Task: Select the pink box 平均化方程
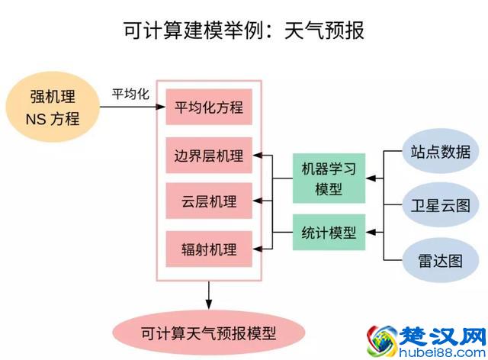pos(209,107)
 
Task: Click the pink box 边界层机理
pos(209,156)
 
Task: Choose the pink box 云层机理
pos(209,202)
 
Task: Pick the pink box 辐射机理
pos(209,248)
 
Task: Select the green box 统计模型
pos(329,233)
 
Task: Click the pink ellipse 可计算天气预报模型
pos(208,333)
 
